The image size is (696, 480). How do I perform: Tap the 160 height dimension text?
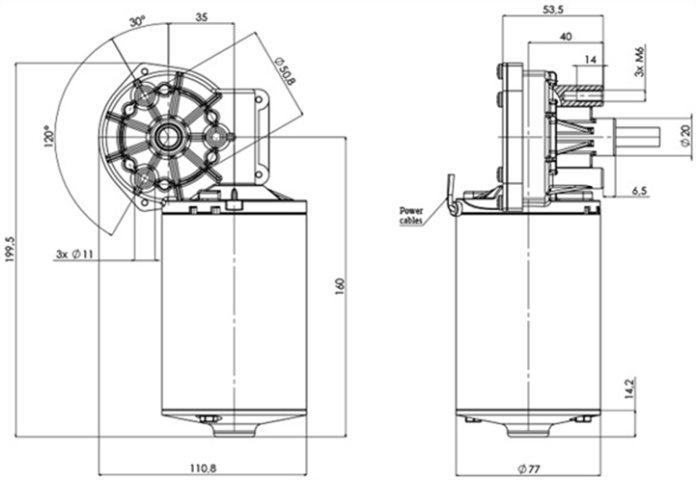coord(339,287)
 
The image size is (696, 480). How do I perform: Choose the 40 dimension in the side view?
coord(565,36)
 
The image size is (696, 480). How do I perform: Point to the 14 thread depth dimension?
coord(588,60)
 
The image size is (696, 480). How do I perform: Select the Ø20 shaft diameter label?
coord(683,136)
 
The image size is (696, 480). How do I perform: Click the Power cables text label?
coord(412,215)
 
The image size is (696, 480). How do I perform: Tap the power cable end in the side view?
coord(451,185)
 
